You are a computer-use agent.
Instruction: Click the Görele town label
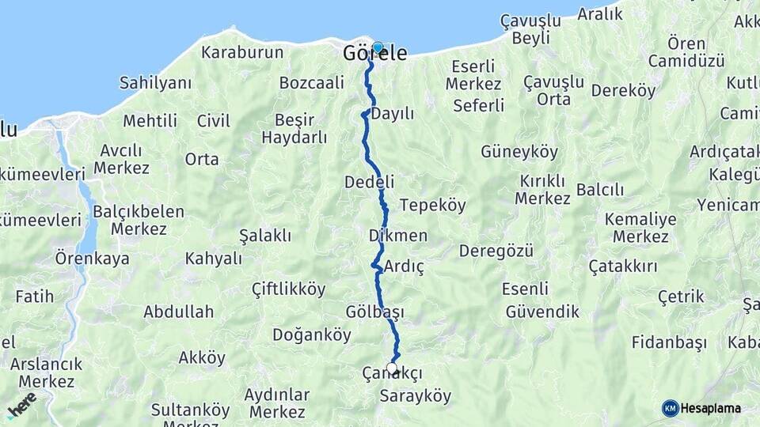click(x=374, y=55)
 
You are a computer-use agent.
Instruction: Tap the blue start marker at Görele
click(x=378, y=47)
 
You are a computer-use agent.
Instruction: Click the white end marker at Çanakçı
click(x=392, y=368)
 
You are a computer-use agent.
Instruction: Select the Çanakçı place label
click(x=392, y=373)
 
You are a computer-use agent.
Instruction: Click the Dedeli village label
click(x=369, y=182)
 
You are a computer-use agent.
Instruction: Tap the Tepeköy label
click(x=432, y=205)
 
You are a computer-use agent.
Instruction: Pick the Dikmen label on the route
click(x=398, y=236)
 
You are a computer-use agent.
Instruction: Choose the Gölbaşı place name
click(x=374, y=312)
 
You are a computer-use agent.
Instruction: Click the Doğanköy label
click(x=311, y=334)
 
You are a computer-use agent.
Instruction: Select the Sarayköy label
click(x=416, y=395)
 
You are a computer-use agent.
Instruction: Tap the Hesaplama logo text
click(x=711, y=408)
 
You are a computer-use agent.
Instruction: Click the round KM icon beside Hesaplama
click(x=671, y=408)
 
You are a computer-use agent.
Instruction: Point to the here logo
click(x=21, y=405)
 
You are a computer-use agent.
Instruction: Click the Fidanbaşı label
click(x=669, y=342)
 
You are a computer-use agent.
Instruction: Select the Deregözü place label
click(x=492, y=251)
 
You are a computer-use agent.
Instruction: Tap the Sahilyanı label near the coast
click(x=155, y=82)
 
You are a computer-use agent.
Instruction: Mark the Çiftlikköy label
click(x=288, y=289)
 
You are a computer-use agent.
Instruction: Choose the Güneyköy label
click(x=519, y=152)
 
